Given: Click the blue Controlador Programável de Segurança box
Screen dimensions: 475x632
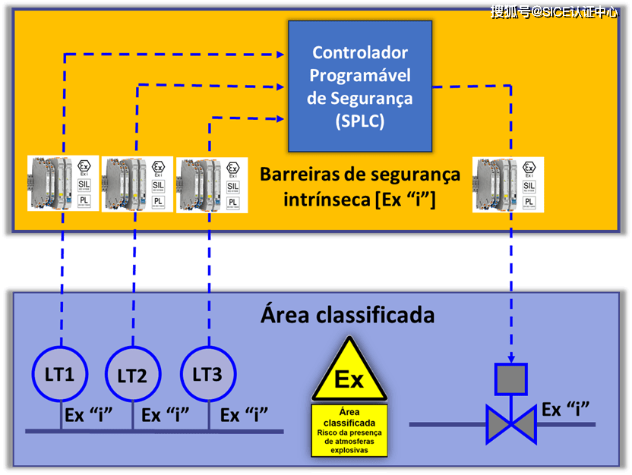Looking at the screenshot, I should pos(359,86).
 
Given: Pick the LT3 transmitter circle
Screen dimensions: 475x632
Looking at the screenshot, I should pos(207,373).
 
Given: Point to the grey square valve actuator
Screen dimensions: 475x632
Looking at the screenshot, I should pos(510,379).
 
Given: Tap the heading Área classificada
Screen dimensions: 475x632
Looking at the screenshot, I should pos(348,314).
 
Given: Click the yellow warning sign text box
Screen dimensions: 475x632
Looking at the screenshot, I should pos(349,430).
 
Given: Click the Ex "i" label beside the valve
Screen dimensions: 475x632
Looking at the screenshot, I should pos(566,410).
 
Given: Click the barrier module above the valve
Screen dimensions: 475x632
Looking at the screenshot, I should pos(508,183).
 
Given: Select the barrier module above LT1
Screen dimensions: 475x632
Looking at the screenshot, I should pos(63,183).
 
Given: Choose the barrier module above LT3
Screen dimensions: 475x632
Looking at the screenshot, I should pos(212,183).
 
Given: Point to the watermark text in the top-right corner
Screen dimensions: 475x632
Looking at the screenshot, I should pos(554,12).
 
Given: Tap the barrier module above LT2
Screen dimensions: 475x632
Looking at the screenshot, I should pos(137,183).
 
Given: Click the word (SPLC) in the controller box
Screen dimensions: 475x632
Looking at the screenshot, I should pos(359,121).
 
